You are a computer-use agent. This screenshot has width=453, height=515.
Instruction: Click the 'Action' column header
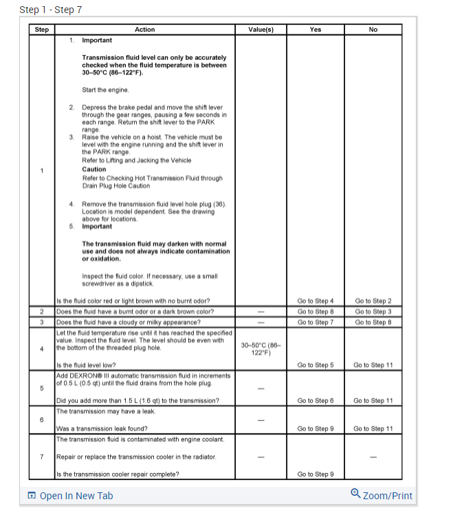pos(144,30)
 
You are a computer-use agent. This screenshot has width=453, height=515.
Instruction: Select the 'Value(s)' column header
pos(261,30)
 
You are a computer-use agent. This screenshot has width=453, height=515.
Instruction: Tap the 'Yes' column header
pos(315,30)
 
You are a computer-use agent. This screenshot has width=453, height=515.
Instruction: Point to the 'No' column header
pos(373,30)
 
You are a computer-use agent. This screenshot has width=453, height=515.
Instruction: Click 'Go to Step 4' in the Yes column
pos(315,300)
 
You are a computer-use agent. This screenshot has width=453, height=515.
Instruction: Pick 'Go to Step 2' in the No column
pos(373,300)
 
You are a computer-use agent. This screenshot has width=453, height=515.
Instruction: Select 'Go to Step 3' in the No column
pos(373,311)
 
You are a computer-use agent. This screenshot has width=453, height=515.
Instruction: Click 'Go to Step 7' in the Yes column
pos(315,321)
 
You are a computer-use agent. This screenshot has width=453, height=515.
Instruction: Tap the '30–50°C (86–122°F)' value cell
pos(260,349)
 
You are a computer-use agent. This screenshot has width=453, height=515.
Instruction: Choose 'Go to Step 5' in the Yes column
pos(315,365)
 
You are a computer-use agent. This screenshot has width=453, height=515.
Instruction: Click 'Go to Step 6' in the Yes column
pos(315,400)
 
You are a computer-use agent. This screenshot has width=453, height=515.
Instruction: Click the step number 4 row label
pos(42,347)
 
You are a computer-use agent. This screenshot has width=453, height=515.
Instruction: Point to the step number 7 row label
pos(42,457)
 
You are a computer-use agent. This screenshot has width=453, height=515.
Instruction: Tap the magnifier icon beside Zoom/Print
pos(355,494)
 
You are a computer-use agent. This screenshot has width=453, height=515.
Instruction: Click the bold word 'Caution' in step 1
pos(94,169)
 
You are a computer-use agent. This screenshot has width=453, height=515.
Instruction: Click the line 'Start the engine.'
pos(104,90)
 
